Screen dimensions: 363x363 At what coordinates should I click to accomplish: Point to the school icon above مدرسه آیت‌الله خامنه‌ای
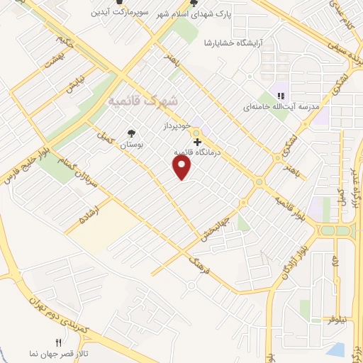point(281,95)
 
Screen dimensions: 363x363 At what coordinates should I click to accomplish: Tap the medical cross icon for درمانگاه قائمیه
point(198,142)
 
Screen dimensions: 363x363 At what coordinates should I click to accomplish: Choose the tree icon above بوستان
point(130,133)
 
